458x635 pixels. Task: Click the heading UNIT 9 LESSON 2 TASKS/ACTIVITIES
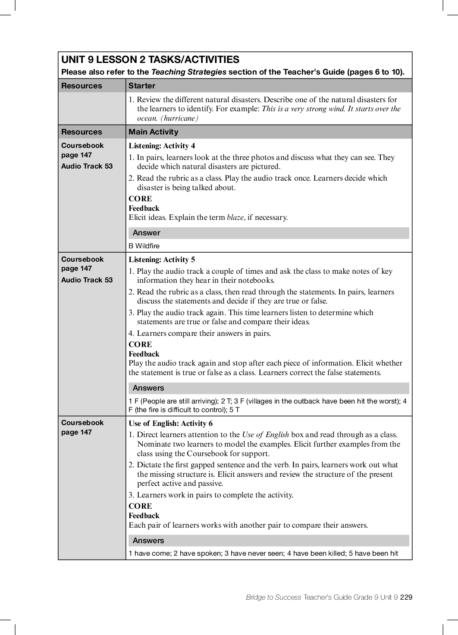click(150, 60)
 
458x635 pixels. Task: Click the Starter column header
click(141, 86)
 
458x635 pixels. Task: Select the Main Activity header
click(153, 132)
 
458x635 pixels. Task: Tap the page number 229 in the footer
click(406, 597)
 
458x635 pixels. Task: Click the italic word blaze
click(235, 217)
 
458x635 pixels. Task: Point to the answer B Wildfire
click(144, 246)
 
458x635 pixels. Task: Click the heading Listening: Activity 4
click(162, 146)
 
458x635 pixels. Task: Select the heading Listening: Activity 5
click(162, 260)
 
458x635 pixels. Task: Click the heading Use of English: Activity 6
click(170, 423)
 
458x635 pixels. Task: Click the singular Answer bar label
click(146, 233)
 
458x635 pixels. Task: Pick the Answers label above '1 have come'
click(148, 541)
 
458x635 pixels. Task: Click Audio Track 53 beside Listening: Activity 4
click(87, 166)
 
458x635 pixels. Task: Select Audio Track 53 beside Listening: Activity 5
click(87, 280)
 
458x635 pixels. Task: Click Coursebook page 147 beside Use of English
click(82, 427)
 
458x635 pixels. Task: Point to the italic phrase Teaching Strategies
click(188, 72)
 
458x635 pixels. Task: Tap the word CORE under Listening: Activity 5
click(140, 344)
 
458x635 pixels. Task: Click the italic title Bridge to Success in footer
click(273, 597)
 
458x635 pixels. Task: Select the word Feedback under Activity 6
click(144, 516)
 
